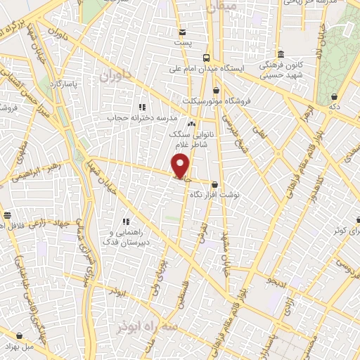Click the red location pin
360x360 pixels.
click(181, 166)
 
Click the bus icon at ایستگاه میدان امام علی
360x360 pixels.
click(205, 58)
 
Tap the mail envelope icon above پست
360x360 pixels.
click(183, 32)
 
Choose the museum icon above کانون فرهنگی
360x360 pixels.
click(281, 55)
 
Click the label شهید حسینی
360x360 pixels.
click(281, 75)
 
